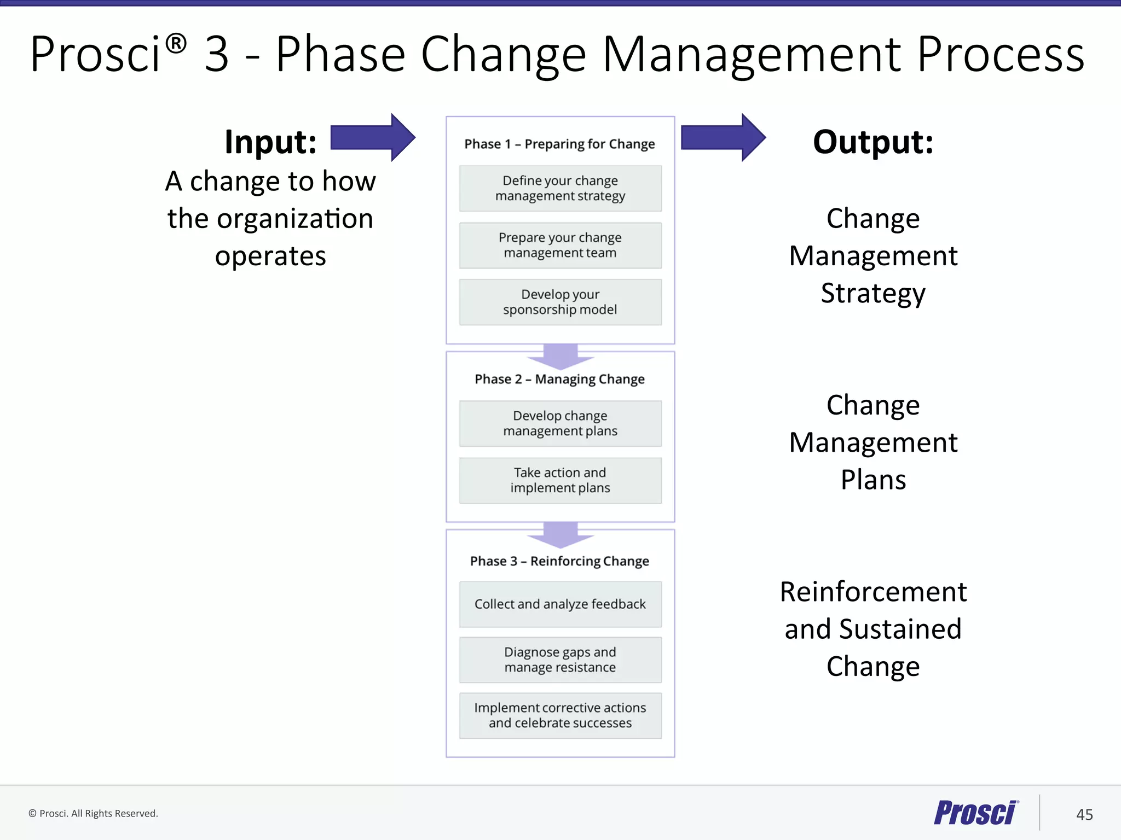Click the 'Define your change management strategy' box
pos(560,188)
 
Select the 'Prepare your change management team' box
pos(560,245)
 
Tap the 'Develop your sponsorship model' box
pos(560,302)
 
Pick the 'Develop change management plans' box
pos(560,423)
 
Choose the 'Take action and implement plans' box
pos(560,480)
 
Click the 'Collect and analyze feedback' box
pos(560,604)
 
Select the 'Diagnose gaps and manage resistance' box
pos(560,660)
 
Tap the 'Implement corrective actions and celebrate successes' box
pos(560,715)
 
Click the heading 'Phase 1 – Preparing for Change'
pos(559,144)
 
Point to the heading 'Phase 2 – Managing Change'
pos(559,379)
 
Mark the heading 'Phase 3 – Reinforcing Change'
pos(559,561)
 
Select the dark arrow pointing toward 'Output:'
pos(723,137)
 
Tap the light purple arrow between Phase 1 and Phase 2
pos(560,356)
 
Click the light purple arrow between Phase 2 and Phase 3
pos(560,534)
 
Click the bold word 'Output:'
pos(873,142)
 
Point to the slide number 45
pos(1084,814)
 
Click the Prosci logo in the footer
pos(976,813)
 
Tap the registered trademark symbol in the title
pos(176,43)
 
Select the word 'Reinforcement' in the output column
pos(873,592)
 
